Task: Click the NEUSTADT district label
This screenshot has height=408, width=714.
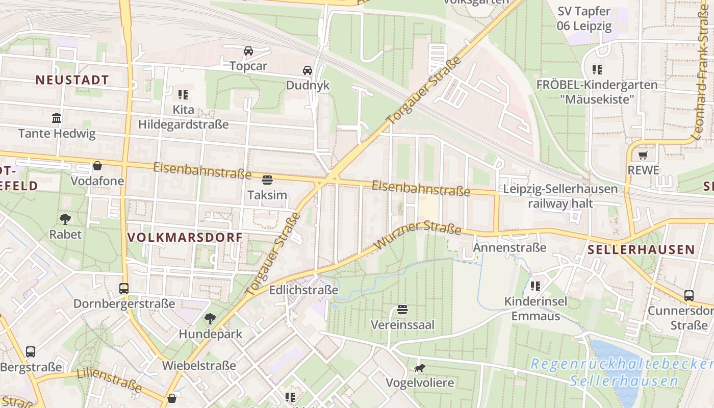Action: click(72, 80)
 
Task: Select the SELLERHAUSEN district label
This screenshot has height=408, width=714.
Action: click(641, 249)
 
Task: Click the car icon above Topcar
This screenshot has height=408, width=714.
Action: click(248, 50)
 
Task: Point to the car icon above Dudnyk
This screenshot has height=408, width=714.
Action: click(308, 70)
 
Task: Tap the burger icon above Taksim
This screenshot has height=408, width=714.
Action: click(267, 180)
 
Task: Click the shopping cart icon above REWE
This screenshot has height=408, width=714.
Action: click(643, 155)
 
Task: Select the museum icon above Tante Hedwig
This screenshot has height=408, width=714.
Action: click(57, 118)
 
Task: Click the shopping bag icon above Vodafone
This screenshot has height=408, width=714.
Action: click(97, 166)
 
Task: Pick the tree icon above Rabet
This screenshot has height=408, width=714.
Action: click(65, 219)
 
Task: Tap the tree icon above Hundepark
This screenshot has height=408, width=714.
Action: click(210, 319)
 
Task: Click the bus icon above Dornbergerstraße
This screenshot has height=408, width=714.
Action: click(124, 289)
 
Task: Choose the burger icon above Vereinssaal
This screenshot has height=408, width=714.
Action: click(402, 310)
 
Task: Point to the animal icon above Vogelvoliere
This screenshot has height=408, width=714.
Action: click(419, 368)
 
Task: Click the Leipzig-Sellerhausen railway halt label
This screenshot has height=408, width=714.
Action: click(560, 196)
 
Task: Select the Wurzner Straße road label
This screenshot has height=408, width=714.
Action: click(417, 235)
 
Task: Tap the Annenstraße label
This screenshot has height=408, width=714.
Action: click(509, 248)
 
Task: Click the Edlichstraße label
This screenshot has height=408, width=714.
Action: click(303, 290)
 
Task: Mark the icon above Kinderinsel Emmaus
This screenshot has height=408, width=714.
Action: click(535, 286)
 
